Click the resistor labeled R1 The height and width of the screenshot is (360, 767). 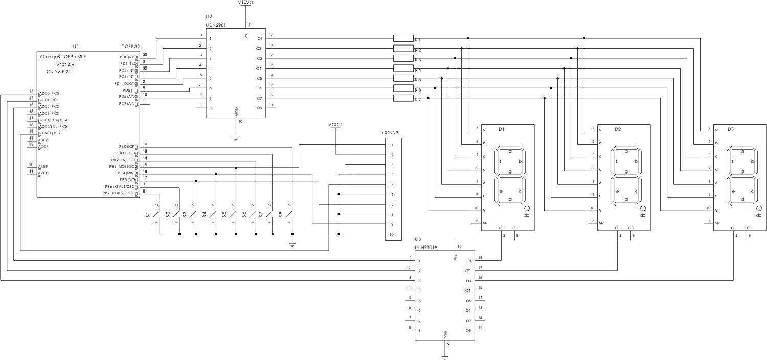click(x=403, y=38)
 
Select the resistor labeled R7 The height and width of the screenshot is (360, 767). click(x=403, y=98)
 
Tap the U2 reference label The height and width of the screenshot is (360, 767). click(x=210, y=17)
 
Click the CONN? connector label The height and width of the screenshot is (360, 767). click(x=391, y=132)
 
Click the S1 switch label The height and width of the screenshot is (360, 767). click(x=149, y=214)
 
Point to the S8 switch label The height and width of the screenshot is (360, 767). click(x=281, y=214)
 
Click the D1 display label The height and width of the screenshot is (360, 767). click(x=502, y=129)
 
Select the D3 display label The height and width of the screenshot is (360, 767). click(x=730, y=129)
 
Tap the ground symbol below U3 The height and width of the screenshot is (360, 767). click(x=444, y=357)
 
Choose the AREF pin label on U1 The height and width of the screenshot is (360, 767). click(x=43, y=166)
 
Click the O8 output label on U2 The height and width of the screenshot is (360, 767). click(x=259, y=108)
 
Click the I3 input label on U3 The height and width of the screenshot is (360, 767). click(x=419, y=281)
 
